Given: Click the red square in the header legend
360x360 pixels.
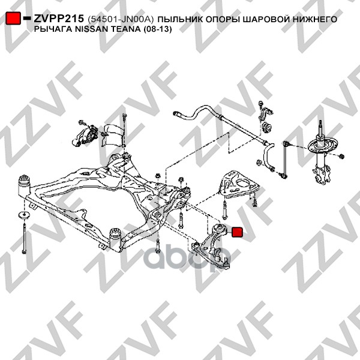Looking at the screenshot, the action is tap(13, 18).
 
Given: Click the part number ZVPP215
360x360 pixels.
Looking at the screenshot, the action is tap(59, 19).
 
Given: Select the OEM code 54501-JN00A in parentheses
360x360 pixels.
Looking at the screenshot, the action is tap(121, 19).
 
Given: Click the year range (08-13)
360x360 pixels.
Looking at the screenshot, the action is tap(157, 29).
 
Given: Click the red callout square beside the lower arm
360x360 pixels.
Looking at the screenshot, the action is tap(237, 232).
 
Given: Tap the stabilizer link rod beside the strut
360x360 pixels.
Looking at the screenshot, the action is tap(285, 158).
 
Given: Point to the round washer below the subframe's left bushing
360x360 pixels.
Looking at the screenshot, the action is tap(23, 215).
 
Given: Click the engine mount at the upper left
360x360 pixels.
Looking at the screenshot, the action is tap(85, 137).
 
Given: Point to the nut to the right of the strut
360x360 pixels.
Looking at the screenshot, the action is tap(341, 157).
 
